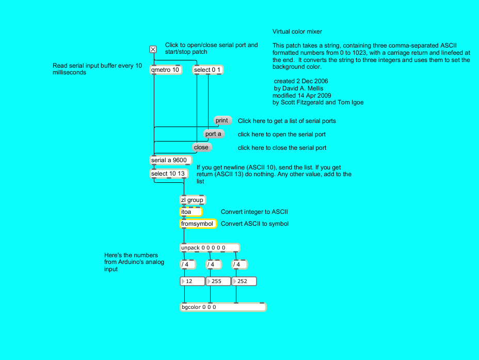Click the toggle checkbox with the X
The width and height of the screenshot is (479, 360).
pyautogui.click(x=153, y=50)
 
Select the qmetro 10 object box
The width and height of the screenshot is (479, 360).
pyautogui.click(x=166, y=70)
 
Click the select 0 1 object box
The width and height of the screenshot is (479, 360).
pyautogui.click(x=209, y=70)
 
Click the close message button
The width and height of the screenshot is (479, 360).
pyautogui.click(x=201, y=148)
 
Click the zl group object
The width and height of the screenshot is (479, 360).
pyautogui.click(x=192, y=200)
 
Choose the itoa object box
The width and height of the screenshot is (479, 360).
pyautogui.click(x=190, y=212)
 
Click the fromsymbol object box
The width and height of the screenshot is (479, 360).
pyautogui.click(x=198, y=224)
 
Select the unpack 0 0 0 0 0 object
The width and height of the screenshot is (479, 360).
pyautogui.click(x=210, y=247)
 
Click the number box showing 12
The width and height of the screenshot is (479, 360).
pyautogui.click(x=192, y=281)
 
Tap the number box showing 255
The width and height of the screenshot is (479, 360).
pyautogui.click(x=218, y=281)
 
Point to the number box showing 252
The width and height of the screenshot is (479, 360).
pyautogui.click(x=244, y=281)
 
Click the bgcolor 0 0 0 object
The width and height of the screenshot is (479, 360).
pyautogui.click(x=222, y=307)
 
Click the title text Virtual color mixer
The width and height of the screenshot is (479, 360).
pyautogui.click(x=297, y=32)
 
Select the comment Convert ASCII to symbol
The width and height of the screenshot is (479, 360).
pyautogui.click(x=254, y=224)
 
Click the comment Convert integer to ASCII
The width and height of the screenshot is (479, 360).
pyautogui.click(x=254, y=212)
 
